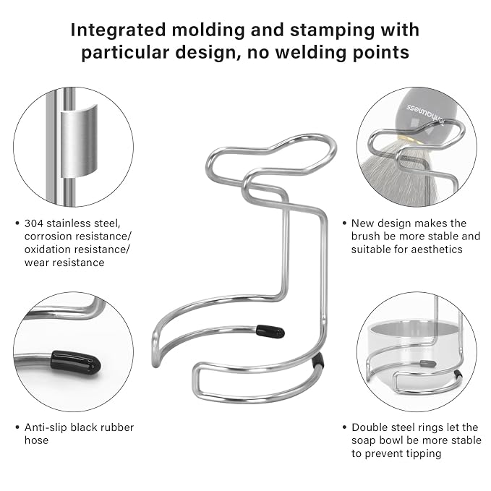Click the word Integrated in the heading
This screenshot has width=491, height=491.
point(118,30)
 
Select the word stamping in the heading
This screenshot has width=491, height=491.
point(332,30)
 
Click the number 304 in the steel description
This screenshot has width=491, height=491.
point(34,223)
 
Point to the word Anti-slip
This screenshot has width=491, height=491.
point(45,427)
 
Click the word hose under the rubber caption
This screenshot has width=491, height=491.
point(36,440)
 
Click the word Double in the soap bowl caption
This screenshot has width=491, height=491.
point(367,427)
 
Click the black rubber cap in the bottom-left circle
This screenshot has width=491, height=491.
point(76,363)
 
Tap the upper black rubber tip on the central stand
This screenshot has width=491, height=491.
point(270,332)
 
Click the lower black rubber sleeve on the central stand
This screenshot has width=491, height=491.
point(318,360)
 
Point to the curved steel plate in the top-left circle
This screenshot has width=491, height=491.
point(79,141)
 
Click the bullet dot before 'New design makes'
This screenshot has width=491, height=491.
point(344,223)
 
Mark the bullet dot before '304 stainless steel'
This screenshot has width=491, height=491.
point(17,223)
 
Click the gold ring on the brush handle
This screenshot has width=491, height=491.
point(404,138)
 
